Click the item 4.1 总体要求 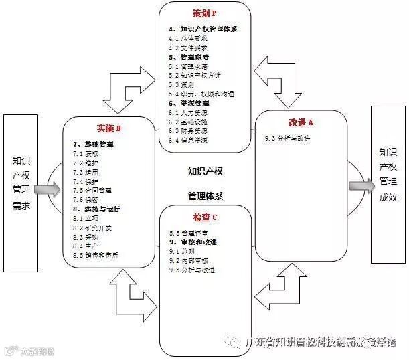tap(188, 38)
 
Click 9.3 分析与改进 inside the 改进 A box tap(287, 139)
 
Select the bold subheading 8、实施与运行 tap(96, 209)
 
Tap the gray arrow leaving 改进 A tap(359, 185)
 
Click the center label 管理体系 tap(205, 196)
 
